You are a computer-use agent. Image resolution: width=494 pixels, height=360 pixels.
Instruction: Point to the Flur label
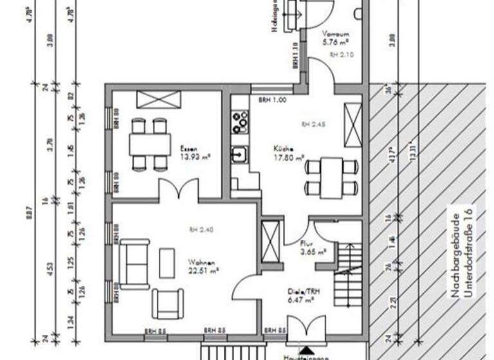click(307, 244)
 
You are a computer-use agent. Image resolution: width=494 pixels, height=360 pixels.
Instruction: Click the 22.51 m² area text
click(204, 271)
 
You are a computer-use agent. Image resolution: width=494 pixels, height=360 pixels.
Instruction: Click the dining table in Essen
click(150, 144)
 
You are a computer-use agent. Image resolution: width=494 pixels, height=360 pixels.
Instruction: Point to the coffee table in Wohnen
click(167, 263)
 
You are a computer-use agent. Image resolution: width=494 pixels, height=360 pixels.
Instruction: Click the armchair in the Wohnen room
click(167, 303)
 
